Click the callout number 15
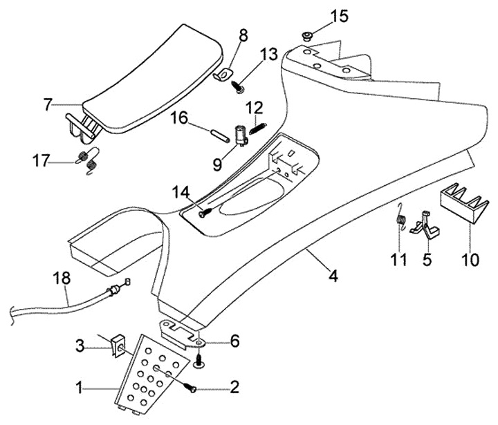(x=340, y=15)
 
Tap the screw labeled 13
(x=239, y=88)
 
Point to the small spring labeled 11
(x=399, y=218)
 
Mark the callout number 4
(x=333, y=277)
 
